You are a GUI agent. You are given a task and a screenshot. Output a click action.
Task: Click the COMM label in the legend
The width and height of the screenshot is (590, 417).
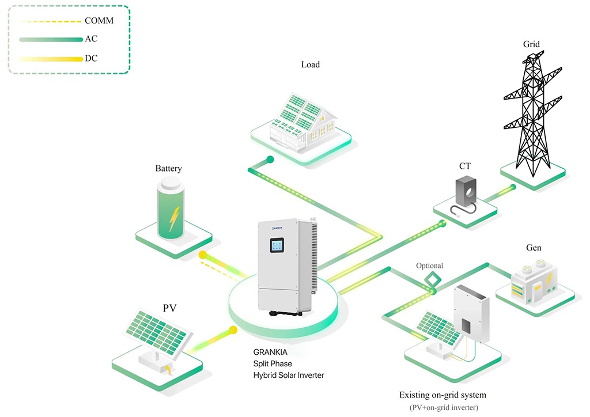[x=99, y=21]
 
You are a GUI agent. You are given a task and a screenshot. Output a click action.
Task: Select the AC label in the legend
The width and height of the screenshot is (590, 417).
[x=91, y=40]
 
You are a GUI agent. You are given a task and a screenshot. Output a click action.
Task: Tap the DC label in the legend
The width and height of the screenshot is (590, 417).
[x=91, y=59]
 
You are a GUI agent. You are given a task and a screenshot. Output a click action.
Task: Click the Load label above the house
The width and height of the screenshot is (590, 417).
[x=310, y=65]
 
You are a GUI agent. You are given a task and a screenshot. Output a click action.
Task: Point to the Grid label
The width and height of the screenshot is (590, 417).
[x=531, y=44]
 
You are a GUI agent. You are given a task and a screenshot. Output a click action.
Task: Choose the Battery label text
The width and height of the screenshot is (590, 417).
[x=168, y=169]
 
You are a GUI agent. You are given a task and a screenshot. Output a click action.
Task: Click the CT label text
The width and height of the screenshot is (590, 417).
[x=465, y=166]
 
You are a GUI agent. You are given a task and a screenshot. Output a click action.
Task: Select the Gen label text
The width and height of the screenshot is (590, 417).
[x=534, y=248]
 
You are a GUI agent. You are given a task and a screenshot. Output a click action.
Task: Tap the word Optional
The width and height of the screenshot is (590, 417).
[x=430, y=266]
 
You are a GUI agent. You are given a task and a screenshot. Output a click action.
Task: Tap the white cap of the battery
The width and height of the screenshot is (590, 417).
[x=171, y=184]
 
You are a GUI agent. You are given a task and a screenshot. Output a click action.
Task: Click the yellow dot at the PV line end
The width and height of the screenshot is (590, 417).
[x=233, y=331]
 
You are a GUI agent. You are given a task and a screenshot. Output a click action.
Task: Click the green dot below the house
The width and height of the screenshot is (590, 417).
[x=269, y=160]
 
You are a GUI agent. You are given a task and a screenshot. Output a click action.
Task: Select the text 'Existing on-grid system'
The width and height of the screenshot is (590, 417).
[x=442, y=395]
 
